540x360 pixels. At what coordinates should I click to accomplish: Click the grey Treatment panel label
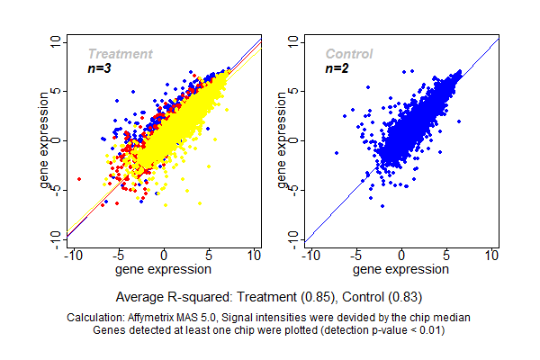(120, 54)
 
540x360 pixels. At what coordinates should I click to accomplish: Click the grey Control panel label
(348, 54)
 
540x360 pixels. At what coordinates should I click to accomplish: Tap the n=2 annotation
(337, 68)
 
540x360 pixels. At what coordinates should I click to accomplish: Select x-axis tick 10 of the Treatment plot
(256, 256)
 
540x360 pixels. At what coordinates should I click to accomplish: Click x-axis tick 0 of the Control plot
(401, 256)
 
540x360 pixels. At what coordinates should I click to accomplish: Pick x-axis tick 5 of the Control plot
(447, 256)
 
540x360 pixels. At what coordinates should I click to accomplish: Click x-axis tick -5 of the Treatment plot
(117, 256)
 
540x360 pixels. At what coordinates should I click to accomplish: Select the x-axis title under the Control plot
(401, 269)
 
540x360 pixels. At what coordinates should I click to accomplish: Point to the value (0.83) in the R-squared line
(404, 296)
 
